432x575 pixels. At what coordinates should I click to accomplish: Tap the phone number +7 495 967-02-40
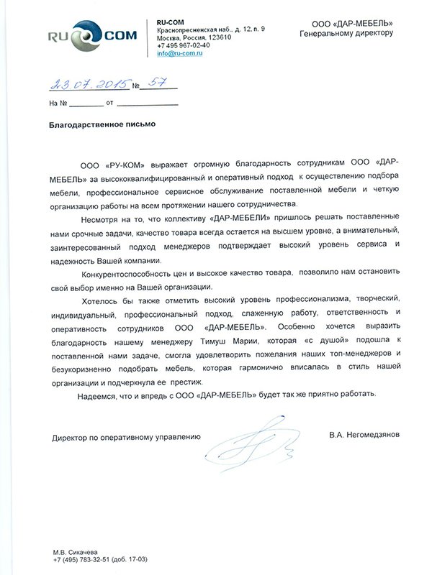(x=184, y=45)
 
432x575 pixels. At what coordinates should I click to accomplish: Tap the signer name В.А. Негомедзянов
(x=362, y=435)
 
